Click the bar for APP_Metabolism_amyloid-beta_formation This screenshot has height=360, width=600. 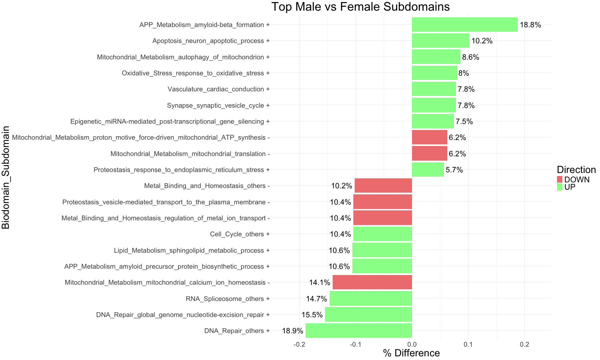(465, 25)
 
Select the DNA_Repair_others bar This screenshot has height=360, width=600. (359, 331)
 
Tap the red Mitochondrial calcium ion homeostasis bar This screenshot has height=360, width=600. (372, 282)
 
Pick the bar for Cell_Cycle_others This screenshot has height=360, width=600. (383, 234)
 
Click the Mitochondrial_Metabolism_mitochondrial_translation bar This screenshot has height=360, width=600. (429, 154)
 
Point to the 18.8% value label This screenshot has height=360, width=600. (530, 25)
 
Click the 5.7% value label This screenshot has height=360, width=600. (454, 170)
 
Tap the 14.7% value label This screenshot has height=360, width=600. (316, 299)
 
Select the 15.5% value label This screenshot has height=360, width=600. (312, 315)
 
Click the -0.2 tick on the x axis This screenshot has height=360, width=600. (299, 344)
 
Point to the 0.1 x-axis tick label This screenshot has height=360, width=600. (468, 344)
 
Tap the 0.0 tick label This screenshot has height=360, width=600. (412, 344)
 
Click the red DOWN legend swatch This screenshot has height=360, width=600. (560, 179)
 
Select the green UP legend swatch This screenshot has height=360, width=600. (560, 187)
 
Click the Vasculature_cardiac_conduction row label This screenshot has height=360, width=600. (218, 89)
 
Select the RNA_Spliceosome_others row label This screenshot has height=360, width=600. (227, 299)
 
